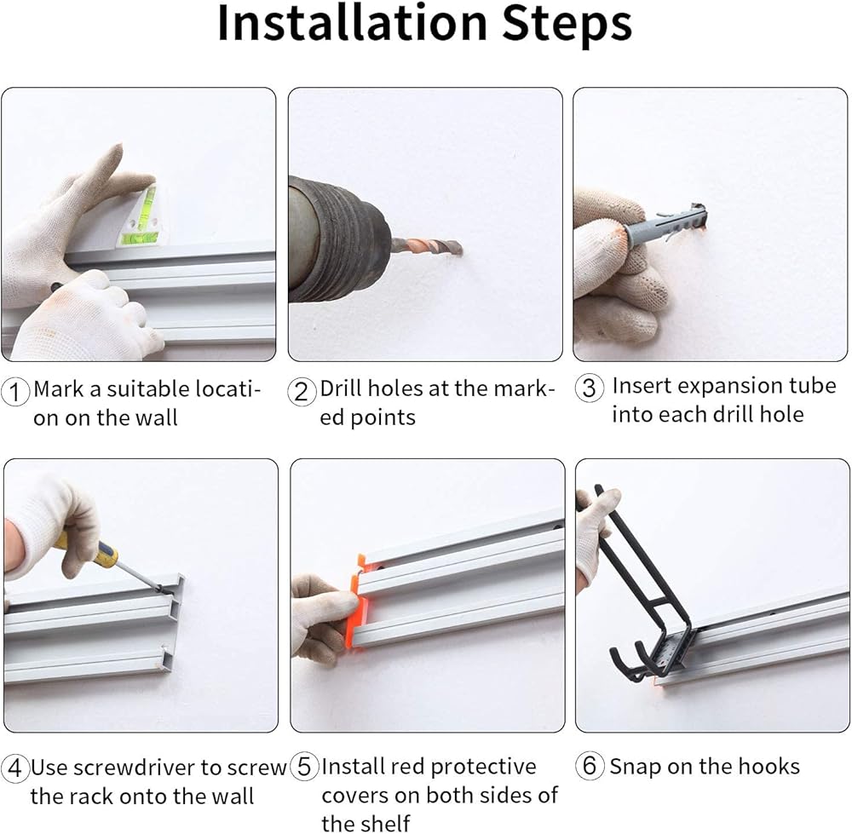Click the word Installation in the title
click(353, 23)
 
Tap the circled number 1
click(15, 391)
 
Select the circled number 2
click(302, 391)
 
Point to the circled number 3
click(589, 388)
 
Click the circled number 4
click(15, 768)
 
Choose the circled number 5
click(304, 767)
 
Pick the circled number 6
click(590, 766)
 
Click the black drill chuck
click(337, 239)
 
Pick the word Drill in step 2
click(337, 388)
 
